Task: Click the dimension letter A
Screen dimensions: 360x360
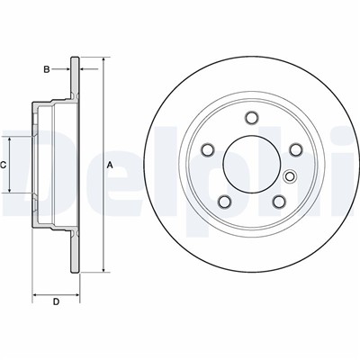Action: coord(110,165)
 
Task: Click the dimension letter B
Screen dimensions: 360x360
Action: coord(47,69)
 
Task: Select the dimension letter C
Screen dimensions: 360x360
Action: coord(3,165)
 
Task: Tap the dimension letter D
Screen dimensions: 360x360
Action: coord(56,301)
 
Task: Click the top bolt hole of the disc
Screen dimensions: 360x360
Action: coord(251,118)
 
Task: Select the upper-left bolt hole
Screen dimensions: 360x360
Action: coord(208,149)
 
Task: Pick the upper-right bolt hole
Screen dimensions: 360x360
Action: coord(295,149)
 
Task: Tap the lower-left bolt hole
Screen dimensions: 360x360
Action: coord(224,202)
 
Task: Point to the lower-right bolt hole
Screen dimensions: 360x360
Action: coord(279,202)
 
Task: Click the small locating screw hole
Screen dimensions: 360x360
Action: coord(290,176)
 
